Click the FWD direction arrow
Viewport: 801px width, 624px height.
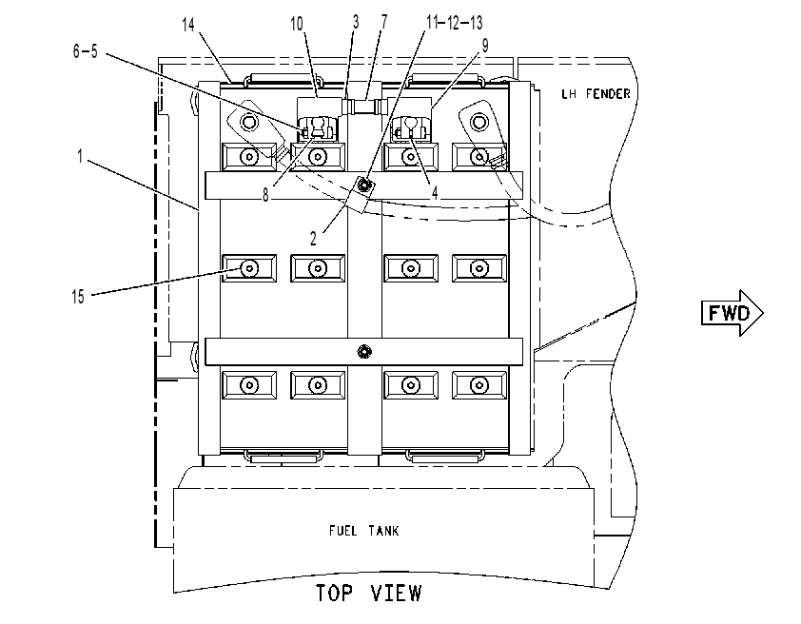coord(733,313)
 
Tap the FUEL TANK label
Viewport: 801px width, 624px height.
coord(363,531)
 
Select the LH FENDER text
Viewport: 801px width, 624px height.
coord(596,93)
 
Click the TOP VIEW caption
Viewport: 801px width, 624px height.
coord(369,594)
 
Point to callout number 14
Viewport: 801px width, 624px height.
coord(188,24)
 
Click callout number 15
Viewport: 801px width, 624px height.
coord(78,296)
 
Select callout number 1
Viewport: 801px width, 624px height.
coord(80,156)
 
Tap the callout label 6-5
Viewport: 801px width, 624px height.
coord(86,51)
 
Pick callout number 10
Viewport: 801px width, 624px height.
coord(297,24)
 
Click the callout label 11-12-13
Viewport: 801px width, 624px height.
coord(455,23)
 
